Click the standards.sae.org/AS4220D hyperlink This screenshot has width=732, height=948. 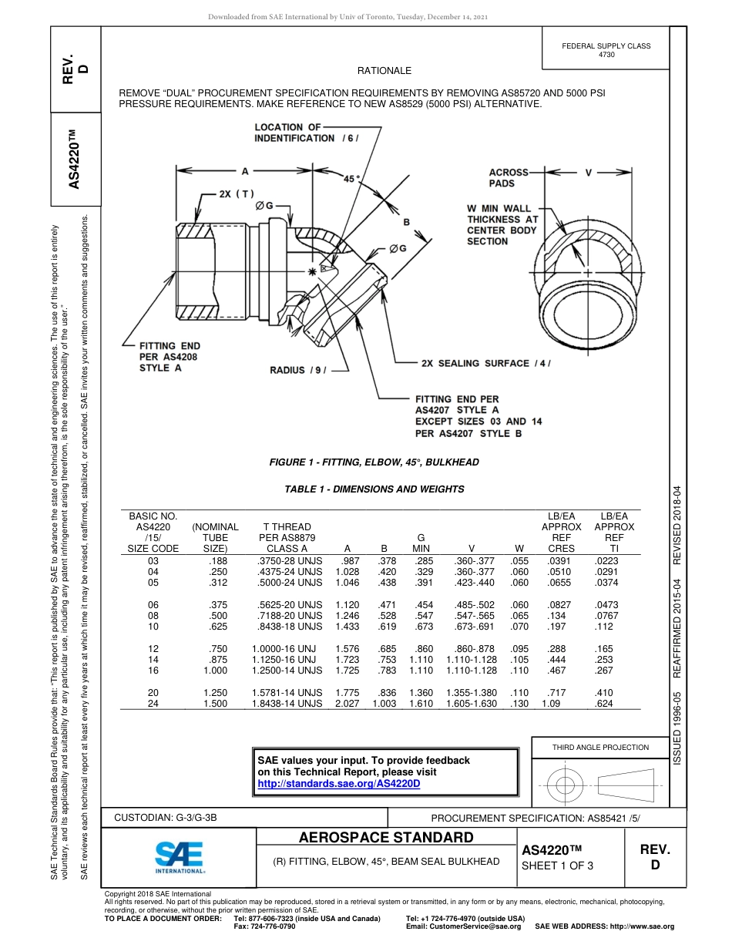pyautogui.click(x=338, y=784)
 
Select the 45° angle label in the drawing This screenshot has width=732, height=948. pyautogui.click(x=352, y=179)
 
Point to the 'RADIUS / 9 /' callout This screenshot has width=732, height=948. pyautogui.click(x=298, y=370)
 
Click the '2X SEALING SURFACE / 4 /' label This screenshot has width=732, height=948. pyautogui.click(x=485, y=363)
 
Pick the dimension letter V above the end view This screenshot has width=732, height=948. pyautogui.click(x=589, y=173)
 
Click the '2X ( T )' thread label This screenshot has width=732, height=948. pyautogui.click(x=236, y=193)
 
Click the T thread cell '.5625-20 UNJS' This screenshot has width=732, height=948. pyautogui.click(x=290, y=605)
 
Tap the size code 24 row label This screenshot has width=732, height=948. pyautogui.click(x=153, y=704)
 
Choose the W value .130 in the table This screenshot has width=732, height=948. pyautogui.click(x=519, y=704)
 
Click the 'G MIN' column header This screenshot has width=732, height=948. pyautogui.click(x=421, y=543)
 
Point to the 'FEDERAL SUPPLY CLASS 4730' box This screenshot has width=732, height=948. pyautogui.click(x=606, y=50)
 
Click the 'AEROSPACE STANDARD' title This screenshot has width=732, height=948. pyautogui.click(x=386, y=838)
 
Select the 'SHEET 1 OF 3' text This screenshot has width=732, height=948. pyautogui.click(x=557, y=866)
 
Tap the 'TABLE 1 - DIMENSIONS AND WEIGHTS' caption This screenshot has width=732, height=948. pyautogui.click(x=374, y=489)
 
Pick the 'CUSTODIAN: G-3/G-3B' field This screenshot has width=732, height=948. pyautogui.click(x=171, y=817)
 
